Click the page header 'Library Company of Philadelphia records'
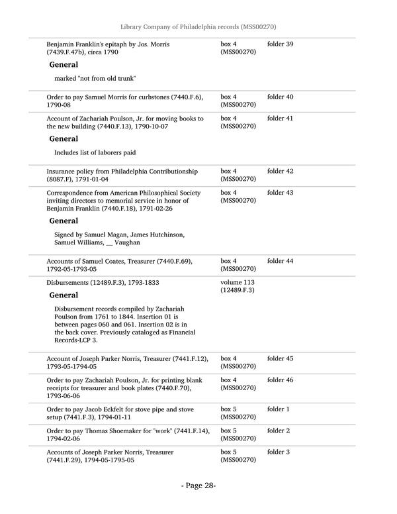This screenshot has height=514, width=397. (198, 26)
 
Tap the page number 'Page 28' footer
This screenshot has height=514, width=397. (198, 486)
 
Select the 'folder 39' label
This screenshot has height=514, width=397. (280, 44)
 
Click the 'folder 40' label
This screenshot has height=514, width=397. (280, 97)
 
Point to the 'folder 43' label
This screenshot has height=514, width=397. (280, 193)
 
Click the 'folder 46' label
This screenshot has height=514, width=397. (280, 381)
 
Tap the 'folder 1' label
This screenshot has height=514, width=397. (278, 410)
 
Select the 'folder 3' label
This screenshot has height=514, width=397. (278, 452)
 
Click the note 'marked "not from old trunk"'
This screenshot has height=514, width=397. (95, 79)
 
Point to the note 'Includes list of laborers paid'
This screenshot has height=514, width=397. (95, 153)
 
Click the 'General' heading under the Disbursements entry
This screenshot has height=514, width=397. (64, 295)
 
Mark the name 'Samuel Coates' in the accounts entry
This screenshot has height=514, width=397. (103, 262)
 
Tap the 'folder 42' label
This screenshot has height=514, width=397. (280, 172)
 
